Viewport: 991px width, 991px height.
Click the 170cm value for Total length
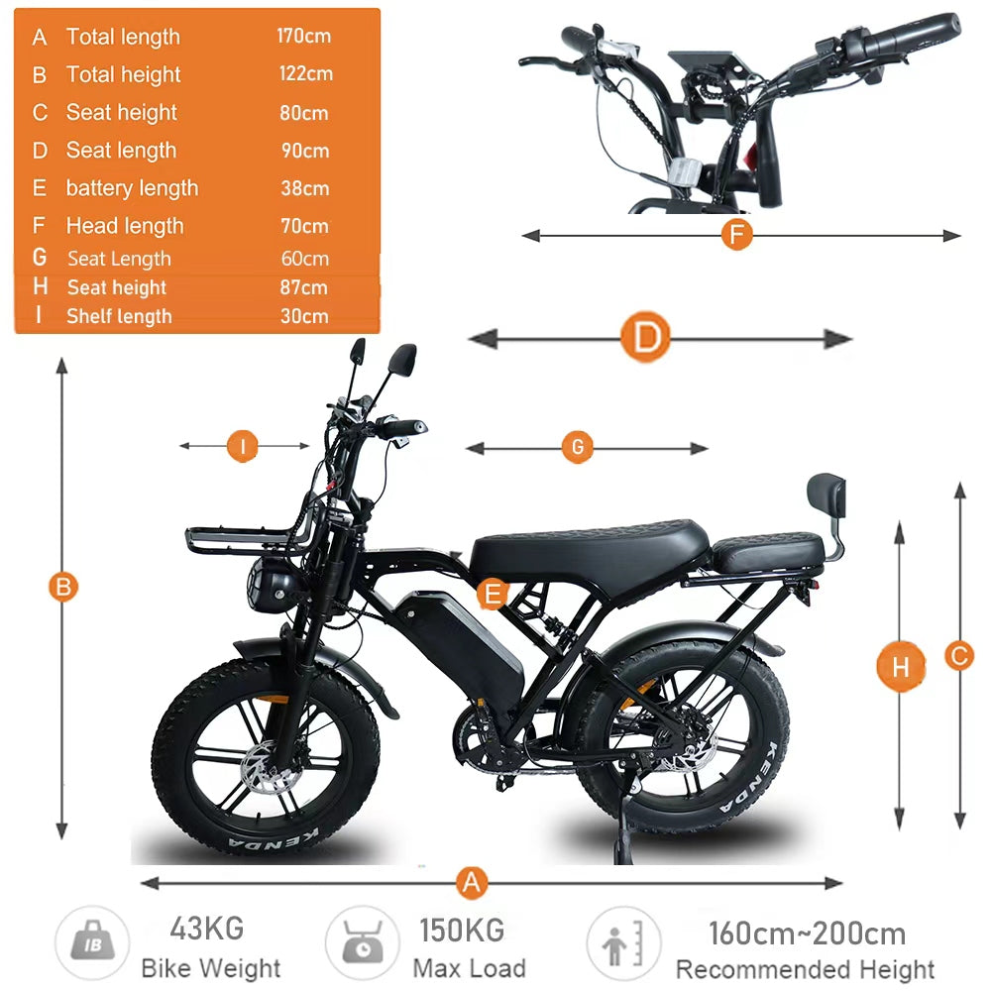pos(304,36)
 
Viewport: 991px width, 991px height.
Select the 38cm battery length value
pos(305,188)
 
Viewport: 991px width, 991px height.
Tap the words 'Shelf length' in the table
pos(120,316)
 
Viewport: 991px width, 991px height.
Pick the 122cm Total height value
pos(306,74)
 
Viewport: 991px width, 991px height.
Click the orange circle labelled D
pos(645,337)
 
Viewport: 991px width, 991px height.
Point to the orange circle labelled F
pos(737,235)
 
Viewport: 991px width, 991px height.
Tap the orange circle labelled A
pos(472,882)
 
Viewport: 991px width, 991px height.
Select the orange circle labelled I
pos(243,446)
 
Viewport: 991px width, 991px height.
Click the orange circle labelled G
pos(578,448)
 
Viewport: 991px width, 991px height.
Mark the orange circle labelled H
pos(901,666)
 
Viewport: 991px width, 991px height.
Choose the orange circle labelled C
pos(959,656)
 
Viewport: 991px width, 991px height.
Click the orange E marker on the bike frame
pos(493,594)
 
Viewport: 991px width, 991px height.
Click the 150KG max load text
pos(463,931)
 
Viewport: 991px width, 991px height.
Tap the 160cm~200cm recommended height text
pos(808,934)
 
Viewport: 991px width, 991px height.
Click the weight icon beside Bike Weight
pos(93,943)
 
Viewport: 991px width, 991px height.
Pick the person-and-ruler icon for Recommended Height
pos(623,943)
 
